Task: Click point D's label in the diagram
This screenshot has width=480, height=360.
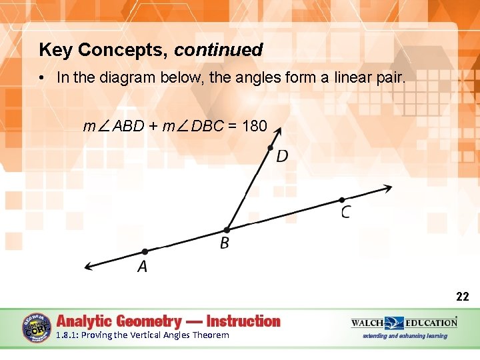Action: click(x=282, y=156)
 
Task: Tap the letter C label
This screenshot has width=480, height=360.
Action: click(x=346, y=212)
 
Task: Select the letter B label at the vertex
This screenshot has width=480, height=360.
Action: click(x=225, y=243)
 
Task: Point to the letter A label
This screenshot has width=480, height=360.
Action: click(x=142, y=267)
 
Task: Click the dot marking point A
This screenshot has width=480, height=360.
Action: click(x=145, y=251)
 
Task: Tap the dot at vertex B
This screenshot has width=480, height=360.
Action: click(x=227, y=230)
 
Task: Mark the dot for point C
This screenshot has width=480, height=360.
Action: click(x=341, y=199)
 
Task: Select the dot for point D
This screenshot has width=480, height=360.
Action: click(x=270, y=148)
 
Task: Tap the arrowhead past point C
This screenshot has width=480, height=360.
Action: click(x=386, y=188)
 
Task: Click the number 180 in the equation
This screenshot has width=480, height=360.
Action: click(x=255, y=126)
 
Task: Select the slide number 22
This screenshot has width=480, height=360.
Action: click(x=462, y=297)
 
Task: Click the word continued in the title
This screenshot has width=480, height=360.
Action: click(x=219, y=50)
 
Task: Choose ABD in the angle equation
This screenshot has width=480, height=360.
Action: click(x=128, y=126)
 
